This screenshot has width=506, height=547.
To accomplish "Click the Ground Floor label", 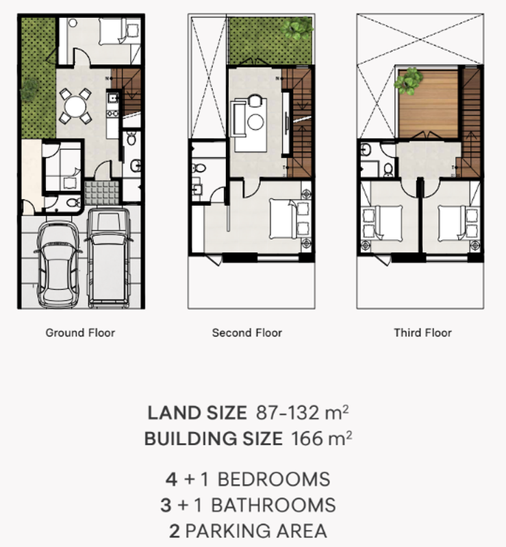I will (x=80, y=333).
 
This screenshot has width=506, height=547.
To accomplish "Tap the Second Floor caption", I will (x=247, y=333).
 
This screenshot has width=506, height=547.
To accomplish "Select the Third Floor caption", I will (x=422, y=333).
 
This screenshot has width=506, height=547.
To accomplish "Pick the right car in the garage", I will (x=108, y=258).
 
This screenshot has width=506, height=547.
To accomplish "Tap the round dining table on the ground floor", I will (x=75, y=106).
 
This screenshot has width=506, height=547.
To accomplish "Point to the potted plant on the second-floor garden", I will (x=296, y=29).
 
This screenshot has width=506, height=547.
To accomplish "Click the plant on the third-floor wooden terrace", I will (x=409, y=81).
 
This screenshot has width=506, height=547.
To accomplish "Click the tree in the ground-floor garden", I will (x=30, y=89).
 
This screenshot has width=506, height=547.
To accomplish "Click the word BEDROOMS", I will (x=273, y=479).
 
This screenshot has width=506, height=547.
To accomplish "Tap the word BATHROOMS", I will (x=273, y=505).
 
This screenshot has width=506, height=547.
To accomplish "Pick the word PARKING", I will (x=228, y=531).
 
